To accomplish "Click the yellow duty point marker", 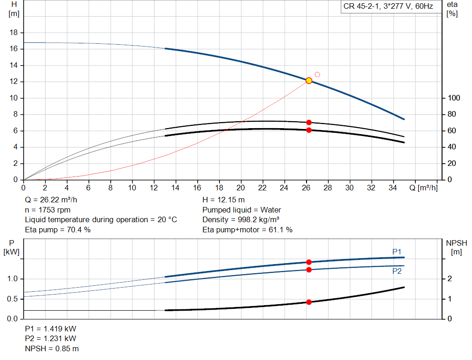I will tap(309, 81).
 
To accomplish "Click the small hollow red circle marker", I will tap(317, 74).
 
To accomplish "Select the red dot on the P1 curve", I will tap(309, 262).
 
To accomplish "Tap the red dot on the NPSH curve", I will tap(309, 302).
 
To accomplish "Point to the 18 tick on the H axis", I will tap(14, 33).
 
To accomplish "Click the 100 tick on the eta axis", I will tap(454, 98).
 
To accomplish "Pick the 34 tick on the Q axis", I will tap(393, 188).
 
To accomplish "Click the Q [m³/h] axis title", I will tap(423, 188).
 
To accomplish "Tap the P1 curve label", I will tap(397, 251).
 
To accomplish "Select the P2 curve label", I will tap(397, 271).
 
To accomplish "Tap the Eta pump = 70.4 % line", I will tap(58, 229).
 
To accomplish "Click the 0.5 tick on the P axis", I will tap(13, 299).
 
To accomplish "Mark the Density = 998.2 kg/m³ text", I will tap(241, 219).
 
